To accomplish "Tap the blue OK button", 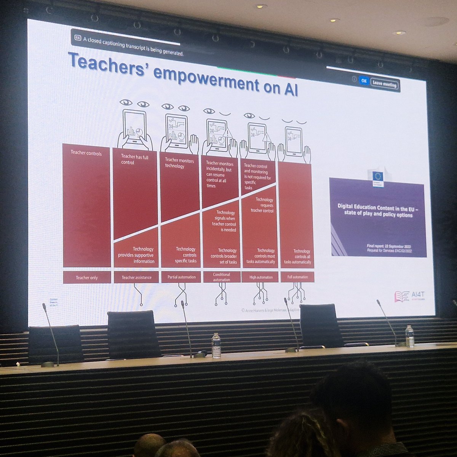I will pos(364,81).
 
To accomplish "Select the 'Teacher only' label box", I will pos(86,277).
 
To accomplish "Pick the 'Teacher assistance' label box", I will pos(136,277).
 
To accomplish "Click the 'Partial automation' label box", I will pos(181,277).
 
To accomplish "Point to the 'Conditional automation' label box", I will pos(221,277).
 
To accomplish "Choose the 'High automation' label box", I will pos(260,277).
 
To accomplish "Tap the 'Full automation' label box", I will pos(297,277).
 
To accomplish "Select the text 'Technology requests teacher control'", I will pos(262,205).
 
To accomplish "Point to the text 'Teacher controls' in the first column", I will pos(86,153).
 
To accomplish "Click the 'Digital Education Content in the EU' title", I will pos(377,210).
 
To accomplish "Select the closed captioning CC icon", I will pos(78,38).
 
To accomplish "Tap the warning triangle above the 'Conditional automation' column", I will pos(227,133).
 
